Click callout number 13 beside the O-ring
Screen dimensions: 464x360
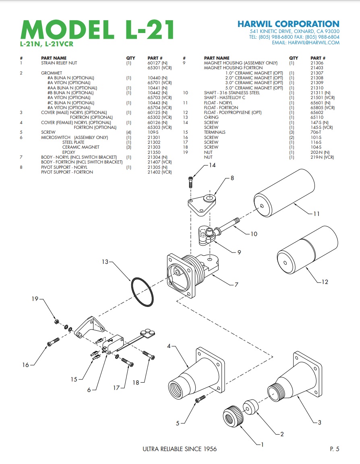[x=105, y=262]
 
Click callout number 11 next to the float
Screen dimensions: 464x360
[x=317, y=213]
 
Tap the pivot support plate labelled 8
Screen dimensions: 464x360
[x=203, y=203]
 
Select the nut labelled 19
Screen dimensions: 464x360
[x=57, y=322]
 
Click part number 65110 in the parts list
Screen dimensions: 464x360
[x=317, y=117]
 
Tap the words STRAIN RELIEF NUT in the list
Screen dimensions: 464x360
[x=59, y=63]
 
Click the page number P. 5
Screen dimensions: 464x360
[x=332, y=449]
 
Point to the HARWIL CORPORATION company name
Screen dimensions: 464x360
[x=288, y=24]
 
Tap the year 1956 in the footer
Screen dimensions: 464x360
[x=209, y=449]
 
